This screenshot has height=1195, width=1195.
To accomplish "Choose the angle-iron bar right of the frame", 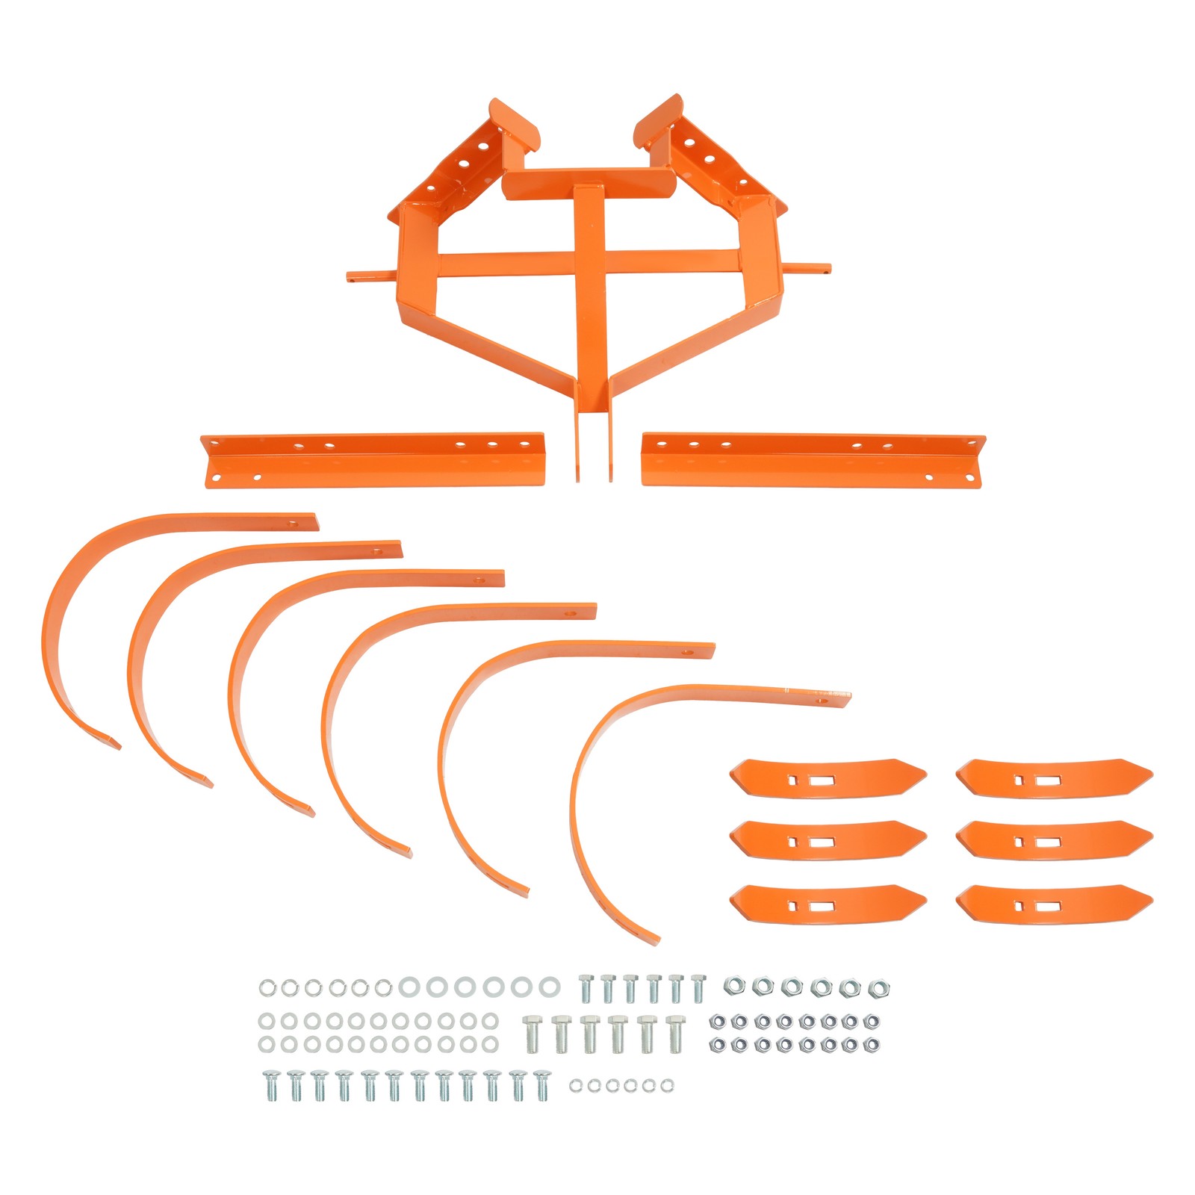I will click(x=813, y=460).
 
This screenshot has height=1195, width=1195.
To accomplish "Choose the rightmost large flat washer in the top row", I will click(x=549, y=987).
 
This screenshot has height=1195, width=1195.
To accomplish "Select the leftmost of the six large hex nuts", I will click(x=733, y=987).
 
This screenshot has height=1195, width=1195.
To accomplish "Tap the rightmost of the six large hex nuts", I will click(x=878, y=989).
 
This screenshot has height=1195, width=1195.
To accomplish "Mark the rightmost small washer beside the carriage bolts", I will click(x=667, y=1085).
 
